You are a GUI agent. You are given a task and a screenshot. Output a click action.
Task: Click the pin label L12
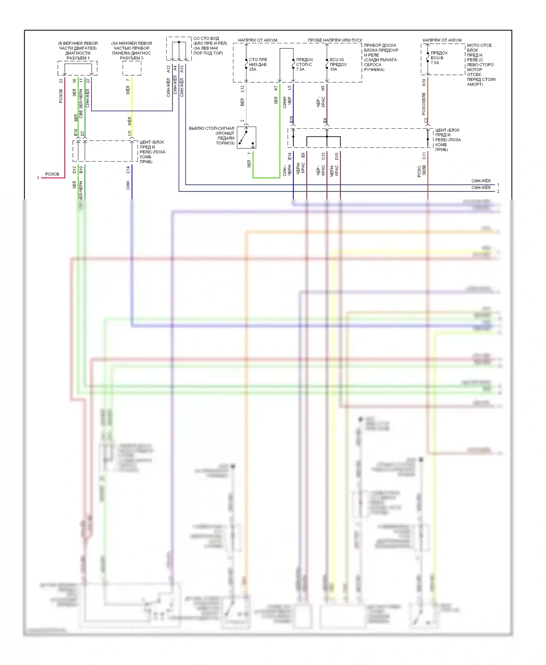pyautogui.click(x=242, y=88)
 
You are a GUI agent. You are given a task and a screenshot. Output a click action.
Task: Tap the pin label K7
pyautogui.click(x=276, y=88)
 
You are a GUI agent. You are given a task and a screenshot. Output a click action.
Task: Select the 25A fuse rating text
pyautogui.click(x=253, y=69)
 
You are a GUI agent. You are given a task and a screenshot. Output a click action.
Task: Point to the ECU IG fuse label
pyautogui.click(x=337, y=60)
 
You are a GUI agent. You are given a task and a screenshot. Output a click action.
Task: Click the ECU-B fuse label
pyautogui.click(x=437, y=58)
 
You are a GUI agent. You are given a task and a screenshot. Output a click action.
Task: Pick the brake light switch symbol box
pyautogui.click(x=246, y=138)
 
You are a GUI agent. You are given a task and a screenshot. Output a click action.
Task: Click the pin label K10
pyautogui.click(x=424, y=82)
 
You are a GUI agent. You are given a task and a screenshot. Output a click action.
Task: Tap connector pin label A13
pyautogui.click(x=182, y=69)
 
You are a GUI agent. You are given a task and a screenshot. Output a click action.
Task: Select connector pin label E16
pyautogui.click(x=76, y=132)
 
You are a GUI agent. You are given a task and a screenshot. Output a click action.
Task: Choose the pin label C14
pyautogui.click(x=128, y=170)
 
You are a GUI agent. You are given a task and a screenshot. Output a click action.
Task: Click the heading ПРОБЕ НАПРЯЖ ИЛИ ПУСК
pyautogui.click(x=335, y=40)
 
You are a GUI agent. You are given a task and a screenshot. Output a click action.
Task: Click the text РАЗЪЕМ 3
pyautogui.click(x=131, y=58)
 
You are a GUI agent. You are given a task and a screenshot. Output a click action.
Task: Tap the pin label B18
pyautogui.click(x=291, y=119)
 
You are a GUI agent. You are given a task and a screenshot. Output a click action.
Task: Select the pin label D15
pyautogui.click(x=337, y=156)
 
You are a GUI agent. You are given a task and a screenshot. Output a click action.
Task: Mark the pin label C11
pyautogui.click(x=424, y=156)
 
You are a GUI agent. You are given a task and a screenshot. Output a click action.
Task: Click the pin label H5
pyautogui.click(x=323, y=88)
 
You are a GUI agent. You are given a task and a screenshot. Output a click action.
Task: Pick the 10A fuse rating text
pyautogui.click(x=333, y=69)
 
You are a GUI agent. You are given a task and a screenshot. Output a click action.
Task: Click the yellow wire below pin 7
pyautogui.click(x=132, y=105)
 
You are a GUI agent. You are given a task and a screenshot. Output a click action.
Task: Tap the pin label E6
pyautogui.click(x=303, y=155)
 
